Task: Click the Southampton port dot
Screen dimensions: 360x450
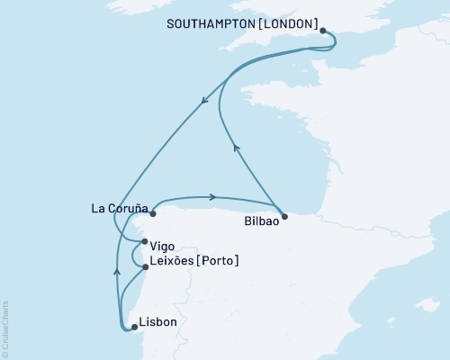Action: pos(322,30)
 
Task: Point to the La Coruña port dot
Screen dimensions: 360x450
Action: pos(153,215)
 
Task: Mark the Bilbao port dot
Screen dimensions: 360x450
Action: pos(284,216)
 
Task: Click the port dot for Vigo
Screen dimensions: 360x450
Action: pos(145,242)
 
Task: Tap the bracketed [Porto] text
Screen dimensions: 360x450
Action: pos(220,261)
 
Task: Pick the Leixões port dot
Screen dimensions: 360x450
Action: pos(145,267)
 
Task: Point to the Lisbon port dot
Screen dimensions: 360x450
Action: pos(134,327)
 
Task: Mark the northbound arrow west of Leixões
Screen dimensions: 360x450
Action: pos(116,268)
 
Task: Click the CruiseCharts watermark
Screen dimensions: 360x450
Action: pos(4,328)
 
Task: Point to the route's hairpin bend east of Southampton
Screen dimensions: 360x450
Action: pos(334,41)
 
